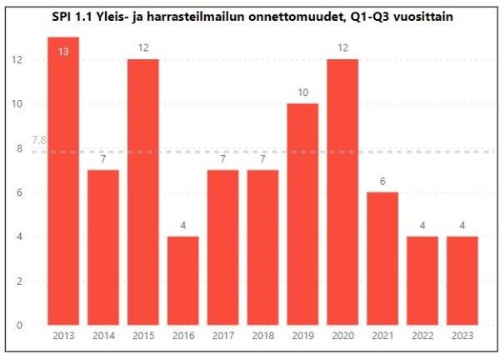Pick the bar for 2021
tap(383, 258)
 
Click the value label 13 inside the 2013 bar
tap(63, 52)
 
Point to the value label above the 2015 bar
tap(143, 47)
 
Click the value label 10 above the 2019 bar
tap(303, 92)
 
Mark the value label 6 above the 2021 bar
tap(383, 181)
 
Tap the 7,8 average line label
tap(38, 142)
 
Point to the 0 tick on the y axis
tap(19, 325)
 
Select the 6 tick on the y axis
tap(19, 192)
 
